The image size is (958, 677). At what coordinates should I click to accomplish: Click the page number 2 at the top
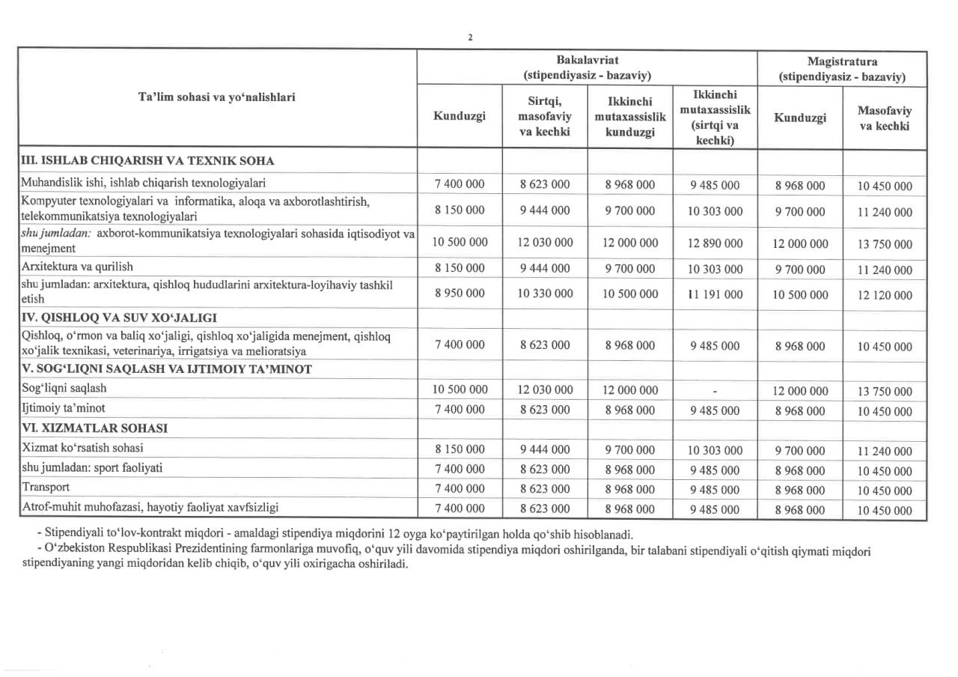[469, 38]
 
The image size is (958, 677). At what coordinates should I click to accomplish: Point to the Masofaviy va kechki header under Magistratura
[885, 118]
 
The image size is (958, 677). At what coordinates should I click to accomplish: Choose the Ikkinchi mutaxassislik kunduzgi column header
[629, 117]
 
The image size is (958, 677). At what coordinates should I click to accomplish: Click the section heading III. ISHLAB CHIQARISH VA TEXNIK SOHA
[147, 160]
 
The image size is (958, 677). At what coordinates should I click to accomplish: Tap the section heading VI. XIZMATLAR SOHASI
[94, 428]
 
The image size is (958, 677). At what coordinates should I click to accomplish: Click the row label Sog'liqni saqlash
[64, 388]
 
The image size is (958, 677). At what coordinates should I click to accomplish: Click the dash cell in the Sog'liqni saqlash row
[715, 391]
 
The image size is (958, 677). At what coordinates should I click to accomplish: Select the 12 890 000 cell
[715, 243]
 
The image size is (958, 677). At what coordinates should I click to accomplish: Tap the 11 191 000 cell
[715, 294]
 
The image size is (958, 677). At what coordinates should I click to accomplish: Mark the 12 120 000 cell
[885, 296]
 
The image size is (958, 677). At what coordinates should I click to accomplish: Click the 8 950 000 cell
[460, 294]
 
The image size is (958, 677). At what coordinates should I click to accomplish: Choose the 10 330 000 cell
[545, 294]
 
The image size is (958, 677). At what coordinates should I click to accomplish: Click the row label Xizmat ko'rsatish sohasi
[82, 448]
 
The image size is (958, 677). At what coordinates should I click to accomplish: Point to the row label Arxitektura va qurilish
[77, 267]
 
